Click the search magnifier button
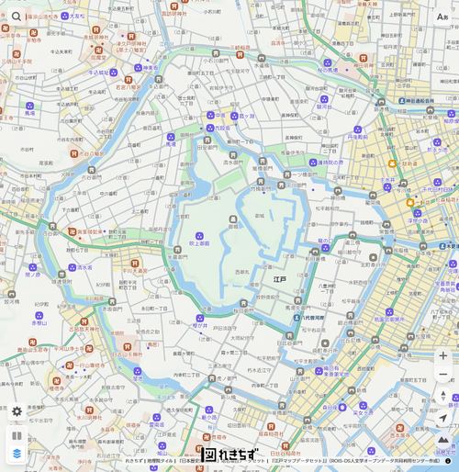(x=17, y=17)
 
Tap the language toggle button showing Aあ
(x=442, y=17)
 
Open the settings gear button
(x=17, y=411)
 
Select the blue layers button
(x=17, y=453)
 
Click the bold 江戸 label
(x=279, y=279)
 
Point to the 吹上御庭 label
(x=199, y=243)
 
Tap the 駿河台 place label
(x=324, y=107)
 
